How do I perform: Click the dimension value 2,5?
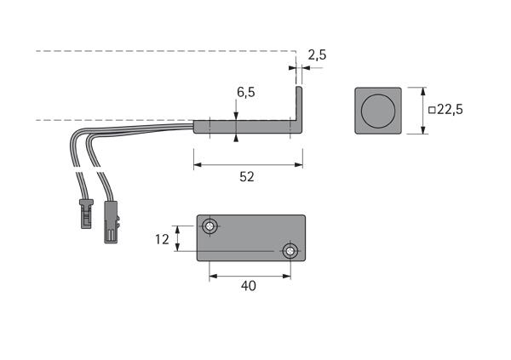point(317,54)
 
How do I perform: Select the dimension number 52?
point(247,177)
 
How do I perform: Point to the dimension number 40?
point(249,287)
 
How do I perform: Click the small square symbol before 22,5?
point(432,110)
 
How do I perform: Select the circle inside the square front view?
point(376,111)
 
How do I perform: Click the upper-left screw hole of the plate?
point(210,226)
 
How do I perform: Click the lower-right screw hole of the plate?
point(290,251)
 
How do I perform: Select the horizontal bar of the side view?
point(247,127)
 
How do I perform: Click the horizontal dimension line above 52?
point(247,163)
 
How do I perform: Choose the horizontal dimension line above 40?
point(249,275)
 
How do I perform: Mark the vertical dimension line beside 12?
point(178,239)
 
